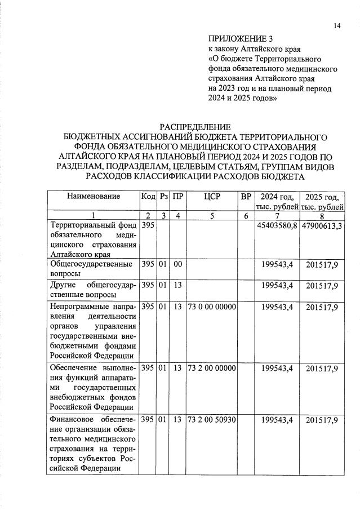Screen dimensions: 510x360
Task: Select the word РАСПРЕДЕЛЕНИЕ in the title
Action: click(195, 127)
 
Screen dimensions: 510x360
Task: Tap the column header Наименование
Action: click(94, 197)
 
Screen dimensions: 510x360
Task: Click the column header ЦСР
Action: click(212, 197)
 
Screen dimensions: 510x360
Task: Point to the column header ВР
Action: click(246, 197)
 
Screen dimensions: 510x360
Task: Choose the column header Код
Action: click(148, 197)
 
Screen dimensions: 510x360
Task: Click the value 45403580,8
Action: click(277, 225)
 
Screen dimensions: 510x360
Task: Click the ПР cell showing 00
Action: click(178, 264)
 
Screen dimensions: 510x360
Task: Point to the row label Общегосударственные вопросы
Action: click(91, 269)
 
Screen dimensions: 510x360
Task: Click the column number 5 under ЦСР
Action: click(212, 215)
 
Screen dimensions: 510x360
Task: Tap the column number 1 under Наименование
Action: click(94, 215)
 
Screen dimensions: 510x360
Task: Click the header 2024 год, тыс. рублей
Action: click(276, 201)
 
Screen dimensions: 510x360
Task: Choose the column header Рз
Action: click(164, 197)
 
